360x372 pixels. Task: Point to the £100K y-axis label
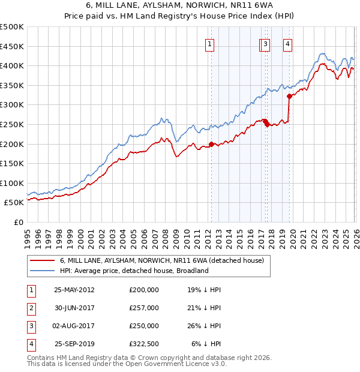[x=12, y=183]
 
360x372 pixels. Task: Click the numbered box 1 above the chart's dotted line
[x=210, y=43]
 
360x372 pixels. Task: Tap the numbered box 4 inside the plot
[x=288, y=43]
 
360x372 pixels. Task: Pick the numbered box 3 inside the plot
[x=265, y=43]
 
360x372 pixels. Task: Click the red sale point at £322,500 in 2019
[x=289, y=96]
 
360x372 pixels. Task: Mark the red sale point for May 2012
[x=211, y=144]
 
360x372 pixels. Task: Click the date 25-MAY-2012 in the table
[x=74, y=289]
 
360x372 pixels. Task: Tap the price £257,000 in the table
[x=144, y=307]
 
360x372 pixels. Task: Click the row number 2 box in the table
[x=31, y=307]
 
